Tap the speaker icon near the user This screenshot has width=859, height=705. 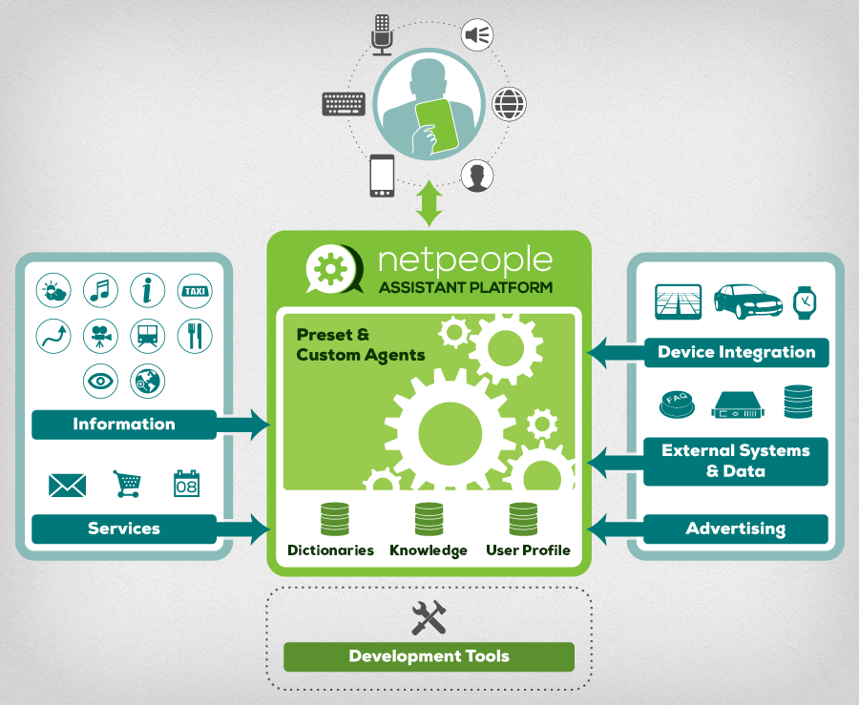pos(477,36)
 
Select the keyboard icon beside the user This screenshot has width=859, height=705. pos(344,102)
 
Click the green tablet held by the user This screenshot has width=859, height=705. pos(436,123)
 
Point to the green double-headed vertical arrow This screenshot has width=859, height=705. pos(429,203)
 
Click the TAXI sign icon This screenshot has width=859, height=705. pos(195,290)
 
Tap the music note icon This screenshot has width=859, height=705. pos(100,290)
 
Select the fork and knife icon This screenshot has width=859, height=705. pos(195,336)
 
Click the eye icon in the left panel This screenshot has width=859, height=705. pos(100,381)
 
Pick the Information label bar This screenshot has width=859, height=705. pos(124,425)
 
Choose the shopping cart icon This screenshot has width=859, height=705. pos(127,484)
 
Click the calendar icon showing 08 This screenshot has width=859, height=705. pos(186,484)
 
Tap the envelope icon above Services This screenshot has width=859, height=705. pos(67,486)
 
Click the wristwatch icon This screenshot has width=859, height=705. pos(805,301)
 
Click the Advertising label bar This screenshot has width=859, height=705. pos(735,529)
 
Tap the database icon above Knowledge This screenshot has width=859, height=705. pos(429,518)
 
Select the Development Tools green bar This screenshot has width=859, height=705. pos(429,656)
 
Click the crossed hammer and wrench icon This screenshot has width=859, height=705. pos(429,618)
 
